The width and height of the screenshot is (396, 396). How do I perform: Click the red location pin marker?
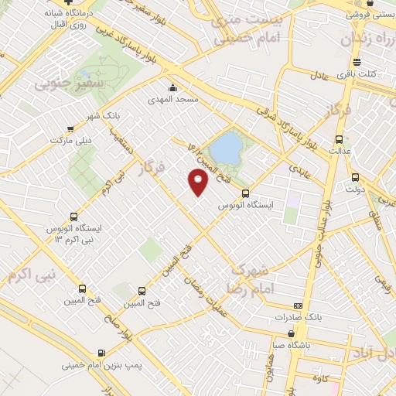coord(200,182)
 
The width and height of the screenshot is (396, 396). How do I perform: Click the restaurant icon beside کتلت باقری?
coord(357,62)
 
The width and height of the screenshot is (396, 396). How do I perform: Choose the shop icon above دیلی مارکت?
coord(70,128)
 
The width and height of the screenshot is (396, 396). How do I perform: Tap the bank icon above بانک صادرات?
coord(299,306)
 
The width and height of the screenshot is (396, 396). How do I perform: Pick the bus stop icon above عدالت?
coord(339,141)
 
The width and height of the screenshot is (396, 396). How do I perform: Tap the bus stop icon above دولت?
coord(357,176)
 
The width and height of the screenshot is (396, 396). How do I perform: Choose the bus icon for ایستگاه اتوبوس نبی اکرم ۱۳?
coord(73,217)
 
